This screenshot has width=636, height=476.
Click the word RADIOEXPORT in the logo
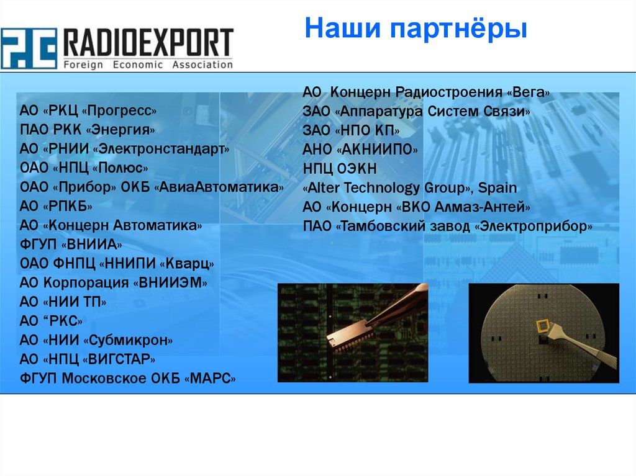point(148,43)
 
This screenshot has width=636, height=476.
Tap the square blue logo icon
point(29,48)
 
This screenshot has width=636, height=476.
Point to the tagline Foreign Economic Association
point(148,65)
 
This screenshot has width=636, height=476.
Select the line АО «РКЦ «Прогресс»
point(88,111)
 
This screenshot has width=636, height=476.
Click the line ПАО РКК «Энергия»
point(87,130)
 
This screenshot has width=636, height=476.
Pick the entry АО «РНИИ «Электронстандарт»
point(124,149)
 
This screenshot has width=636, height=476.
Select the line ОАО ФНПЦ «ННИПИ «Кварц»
point(117,264)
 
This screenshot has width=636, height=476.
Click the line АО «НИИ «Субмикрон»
point(96,340)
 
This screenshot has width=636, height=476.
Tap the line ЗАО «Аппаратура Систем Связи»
point(417,112)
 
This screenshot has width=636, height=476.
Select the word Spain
point(497,188)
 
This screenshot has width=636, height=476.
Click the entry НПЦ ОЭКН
point(340,169)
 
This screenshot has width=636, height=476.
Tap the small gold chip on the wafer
point(542,326)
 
